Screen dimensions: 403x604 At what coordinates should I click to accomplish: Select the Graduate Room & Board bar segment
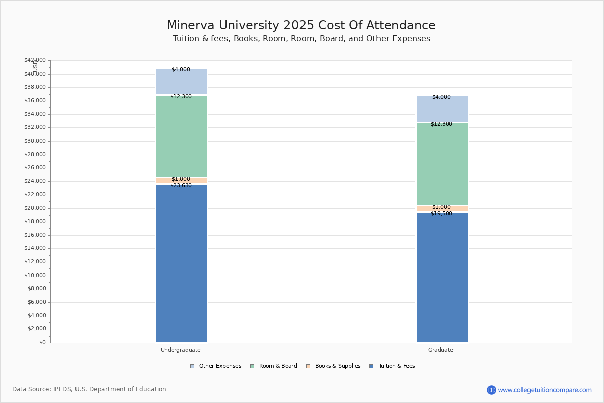point(442,164)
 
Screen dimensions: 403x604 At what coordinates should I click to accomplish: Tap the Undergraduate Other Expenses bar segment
point(181,82)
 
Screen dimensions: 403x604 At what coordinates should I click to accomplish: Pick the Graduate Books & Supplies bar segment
point(442,209)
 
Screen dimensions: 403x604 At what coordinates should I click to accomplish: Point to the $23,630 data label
point(181,186)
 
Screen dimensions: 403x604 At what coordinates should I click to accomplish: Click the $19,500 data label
point(441,214)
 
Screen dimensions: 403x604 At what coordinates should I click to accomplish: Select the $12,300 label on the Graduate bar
point(441,124)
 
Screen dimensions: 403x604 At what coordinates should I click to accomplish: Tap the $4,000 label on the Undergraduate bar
point(181,70)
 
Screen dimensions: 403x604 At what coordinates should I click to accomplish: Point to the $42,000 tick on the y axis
point(35,60)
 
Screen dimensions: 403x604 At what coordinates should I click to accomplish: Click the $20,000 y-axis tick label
point(35,208)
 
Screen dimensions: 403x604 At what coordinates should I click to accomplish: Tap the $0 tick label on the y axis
point(42,343)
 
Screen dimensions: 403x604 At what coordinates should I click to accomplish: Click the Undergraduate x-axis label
point(181,350)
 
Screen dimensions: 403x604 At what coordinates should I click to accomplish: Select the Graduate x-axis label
point(441,350)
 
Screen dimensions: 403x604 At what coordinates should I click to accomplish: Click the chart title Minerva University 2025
point(301,26)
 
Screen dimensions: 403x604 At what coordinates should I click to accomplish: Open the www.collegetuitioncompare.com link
point(545,390)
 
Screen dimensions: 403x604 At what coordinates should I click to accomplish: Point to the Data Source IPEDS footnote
point(89,389)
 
